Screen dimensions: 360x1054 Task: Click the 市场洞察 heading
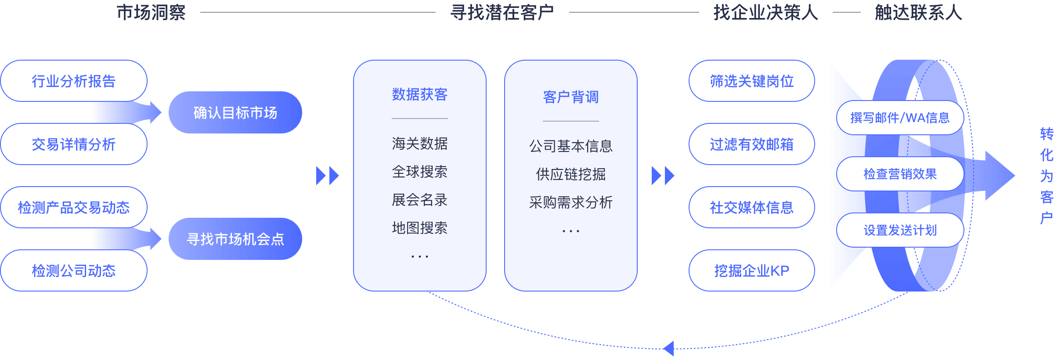click(151, 12)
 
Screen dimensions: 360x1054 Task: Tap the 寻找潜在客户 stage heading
click(502, 12)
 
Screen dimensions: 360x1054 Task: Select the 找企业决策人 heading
click(766, 12)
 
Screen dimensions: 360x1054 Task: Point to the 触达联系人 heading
click(918, 12)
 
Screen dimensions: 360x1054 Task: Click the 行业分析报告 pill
click(74, 81)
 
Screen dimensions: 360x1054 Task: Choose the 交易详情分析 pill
click(74, 144)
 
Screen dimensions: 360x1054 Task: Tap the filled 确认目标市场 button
click(235, 113)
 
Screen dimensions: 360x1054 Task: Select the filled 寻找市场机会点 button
click(235, 239)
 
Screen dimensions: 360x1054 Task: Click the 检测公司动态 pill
click(74, 271)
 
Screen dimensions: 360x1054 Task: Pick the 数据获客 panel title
click(420, 94)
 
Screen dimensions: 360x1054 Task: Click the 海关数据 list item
click(420, 144)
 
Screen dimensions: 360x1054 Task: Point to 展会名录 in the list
click(420, 200)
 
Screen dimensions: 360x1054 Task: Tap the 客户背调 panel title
click(571, 97)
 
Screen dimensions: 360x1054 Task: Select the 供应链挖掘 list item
click(571, 174)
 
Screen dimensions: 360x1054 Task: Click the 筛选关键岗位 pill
click(752, 81)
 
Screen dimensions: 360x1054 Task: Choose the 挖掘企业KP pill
click(752, 271)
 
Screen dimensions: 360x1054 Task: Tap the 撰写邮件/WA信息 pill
click(900, 118)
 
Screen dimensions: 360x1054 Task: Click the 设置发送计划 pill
click(900, 230)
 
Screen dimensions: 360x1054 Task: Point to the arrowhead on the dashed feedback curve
click(669, 349)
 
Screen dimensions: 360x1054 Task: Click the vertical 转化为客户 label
click(1047, 176)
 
